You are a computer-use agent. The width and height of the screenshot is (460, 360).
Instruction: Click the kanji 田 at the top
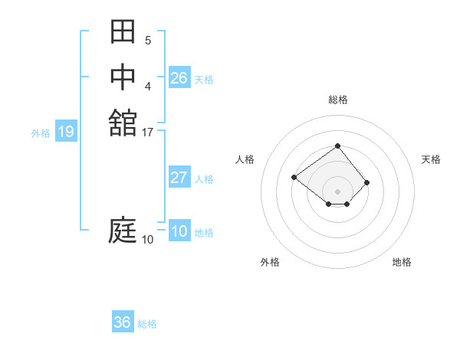123,32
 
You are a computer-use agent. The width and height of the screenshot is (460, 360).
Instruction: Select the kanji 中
123,77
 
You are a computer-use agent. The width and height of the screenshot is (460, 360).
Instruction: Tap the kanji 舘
123,122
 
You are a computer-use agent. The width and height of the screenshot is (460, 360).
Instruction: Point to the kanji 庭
123,230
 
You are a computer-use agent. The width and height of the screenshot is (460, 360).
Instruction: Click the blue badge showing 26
179,78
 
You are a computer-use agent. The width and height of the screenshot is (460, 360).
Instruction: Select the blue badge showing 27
179,178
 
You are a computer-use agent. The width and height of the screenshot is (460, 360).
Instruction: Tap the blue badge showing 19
66,132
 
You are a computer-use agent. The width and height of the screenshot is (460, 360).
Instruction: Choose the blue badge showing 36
123,322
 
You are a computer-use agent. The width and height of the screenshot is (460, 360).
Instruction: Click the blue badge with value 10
179,231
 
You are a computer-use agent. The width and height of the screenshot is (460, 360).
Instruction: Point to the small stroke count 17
148,133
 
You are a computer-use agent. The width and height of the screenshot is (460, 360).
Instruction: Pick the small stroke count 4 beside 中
147,86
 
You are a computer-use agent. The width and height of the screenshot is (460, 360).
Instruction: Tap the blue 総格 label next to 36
147,324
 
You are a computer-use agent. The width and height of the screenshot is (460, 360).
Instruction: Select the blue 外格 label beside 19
41,133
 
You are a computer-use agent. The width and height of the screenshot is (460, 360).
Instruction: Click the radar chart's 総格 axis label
338,100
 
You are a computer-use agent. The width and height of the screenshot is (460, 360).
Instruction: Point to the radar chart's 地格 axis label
402,262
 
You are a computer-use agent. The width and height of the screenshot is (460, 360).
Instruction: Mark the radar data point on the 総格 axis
338,146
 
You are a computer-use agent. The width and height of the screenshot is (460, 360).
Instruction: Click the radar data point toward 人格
294,177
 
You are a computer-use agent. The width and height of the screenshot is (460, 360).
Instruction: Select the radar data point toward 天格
367,182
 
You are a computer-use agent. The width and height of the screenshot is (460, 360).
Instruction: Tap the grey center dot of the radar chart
338,191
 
